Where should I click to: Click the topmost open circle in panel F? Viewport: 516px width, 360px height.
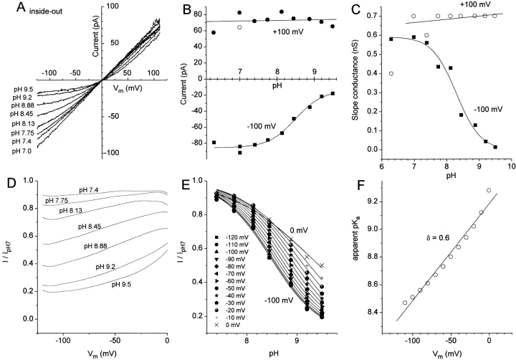(x=489, y=191)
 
